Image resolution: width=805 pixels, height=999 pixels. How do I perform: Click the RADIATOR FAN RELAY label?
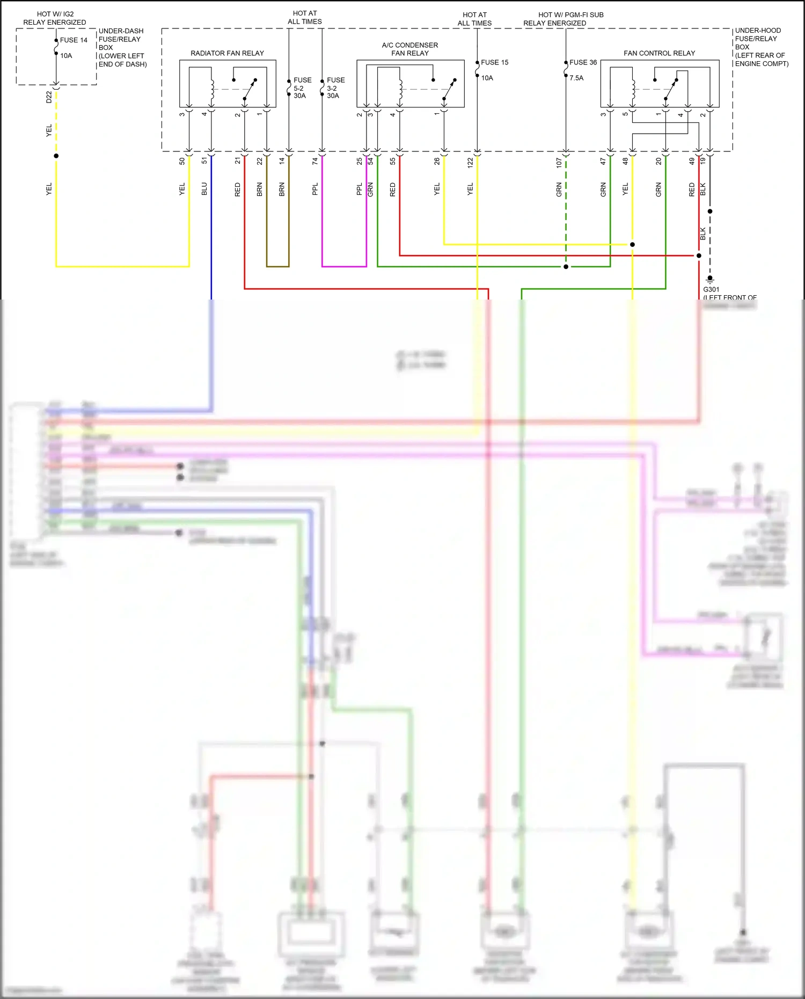(227, 53)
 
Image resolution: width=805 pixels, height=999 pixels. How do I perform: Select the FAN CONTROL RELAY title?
(659, 53)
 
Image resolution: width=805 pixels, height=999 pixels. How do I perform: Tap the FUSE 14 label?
(74, 40)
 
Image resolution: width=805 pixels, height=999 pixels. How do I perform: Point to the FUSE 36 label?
(583, 62)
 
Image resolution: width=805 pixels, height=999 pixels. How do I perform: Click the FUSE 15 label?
(494, 62)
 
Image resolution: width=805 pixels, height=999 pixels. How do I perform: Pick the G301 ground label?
(711, 289)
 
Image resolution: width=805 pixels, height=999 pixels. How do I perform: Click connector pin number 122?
(470, 163)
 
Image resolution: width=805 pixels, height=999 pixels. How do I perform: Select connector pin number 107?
(559, 163)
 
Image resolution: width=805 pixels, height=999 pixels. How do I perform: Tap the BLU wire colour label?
(204, 189)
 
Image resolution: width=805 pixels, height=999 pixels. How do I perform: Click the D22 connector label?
(49, 97)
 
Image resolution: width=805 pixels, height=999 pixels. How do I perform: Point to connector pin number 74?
(315, 161)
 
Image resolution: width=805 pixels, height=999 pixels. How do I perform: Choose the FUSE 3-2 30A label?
(335, 88)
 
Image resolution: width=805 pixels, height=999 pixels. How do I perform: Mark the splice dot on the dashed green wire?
(566, 267)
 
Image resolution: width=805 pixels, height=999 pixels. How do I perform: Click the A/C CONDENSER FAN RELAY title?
(410, 49)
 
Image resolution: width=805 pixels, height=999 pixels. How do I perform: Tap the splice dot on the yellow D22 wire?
(56, 156)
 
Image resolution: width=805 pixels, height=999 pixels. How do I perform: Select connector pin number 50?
(182, 161)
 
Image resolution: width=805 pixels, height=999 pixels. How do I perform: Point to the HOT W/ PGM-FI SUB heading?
(570, 15)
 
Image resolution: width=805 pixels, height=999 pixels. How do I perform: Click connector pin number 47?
(603, 161)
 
